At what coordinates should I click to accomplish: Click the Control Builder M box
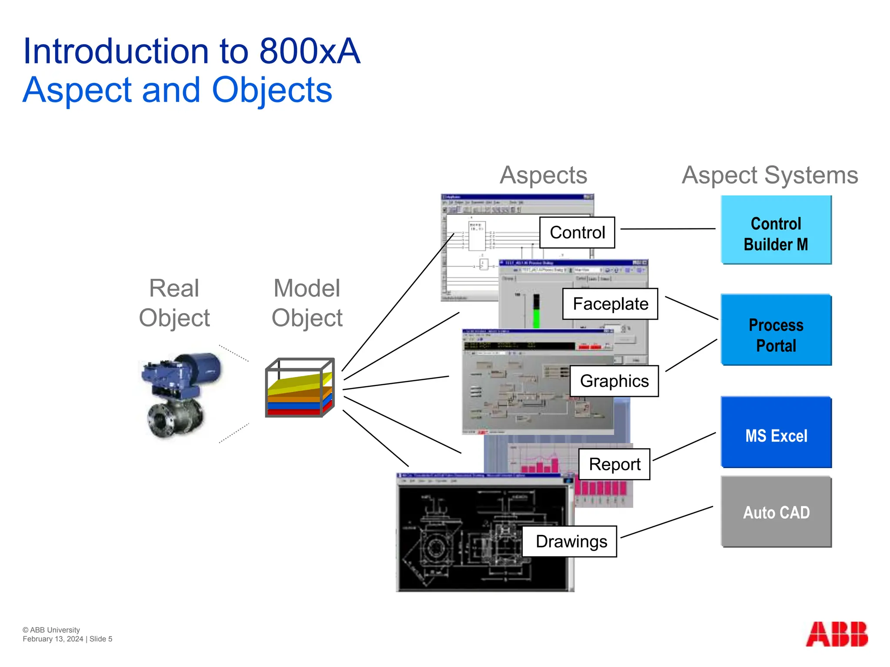776,230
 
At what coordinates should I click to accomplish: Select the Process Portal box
776,330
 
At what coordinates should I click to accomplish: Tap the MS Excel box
776,433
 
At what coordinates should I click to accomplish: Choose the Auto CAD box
776,512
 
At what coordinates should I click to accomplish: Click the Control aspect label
577,233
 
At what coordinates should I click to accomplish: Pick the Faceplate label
610,304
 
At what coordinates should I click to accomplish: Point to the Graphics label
614,381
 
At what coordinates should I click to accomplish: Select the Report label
614,464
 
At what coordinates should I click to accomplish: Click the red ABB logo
837,634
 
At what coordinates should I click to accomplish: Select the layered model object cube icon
300,388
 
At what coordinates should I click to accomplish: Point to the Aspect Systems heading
770,175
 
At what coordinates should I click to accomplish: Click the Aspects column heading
543,175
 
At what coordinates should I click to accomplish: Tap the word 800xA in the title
310,51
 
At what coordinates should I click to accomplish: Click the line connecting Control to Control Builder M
667,229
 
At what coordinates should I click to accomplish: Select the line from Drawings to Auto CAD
667,522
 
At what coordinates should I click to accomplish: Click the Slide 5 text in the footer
101,639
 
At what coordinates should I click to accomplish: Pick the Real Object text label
174,303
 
